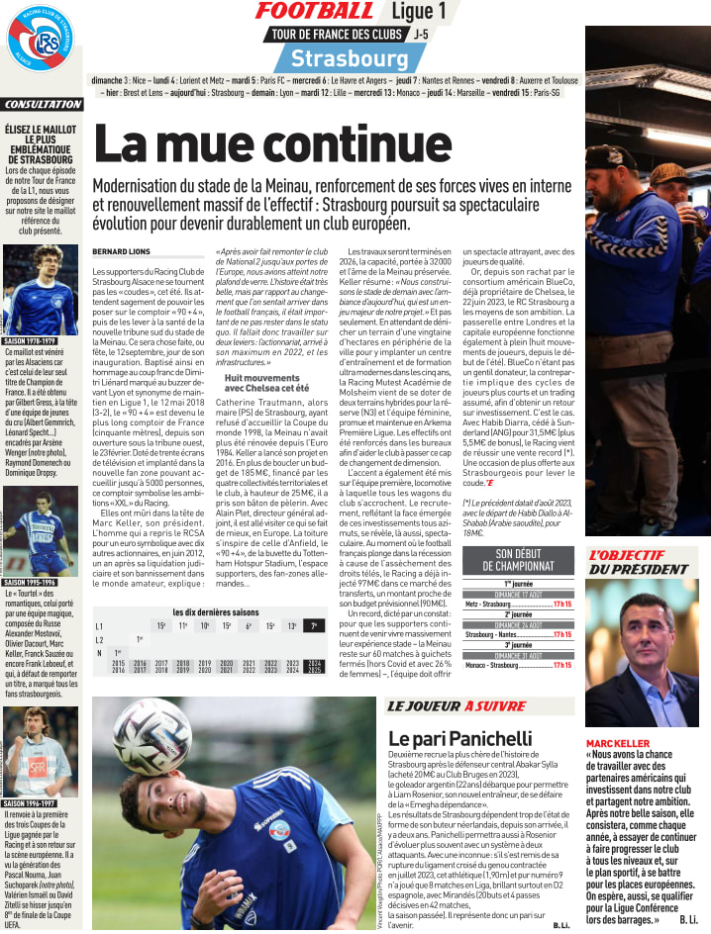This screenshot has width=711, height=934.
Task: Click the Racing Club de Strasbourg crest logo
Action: coord(41,43)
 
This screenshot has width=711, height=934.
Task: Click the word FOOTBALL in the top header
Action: coord(314,11)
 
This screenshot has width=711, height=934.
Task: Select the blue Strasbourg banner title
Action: coord(337,57)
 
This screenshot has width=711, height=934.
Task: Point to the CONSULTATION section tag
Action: coord(42,105)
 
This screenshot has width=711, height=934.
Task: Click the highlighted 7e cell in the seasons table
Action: coord(314,625)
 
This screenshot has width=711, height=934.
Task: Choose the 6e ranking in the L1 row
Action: coord(249,625)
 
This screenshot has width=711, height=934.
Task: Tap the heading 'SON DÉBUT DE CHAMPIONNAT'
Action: coord(525,561)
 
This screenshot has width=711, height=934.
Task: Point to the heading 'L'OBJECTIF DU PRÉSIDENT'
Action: coord(639,562)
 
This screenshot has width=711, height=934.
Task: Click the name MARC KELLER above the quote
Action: coord(617,743)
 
